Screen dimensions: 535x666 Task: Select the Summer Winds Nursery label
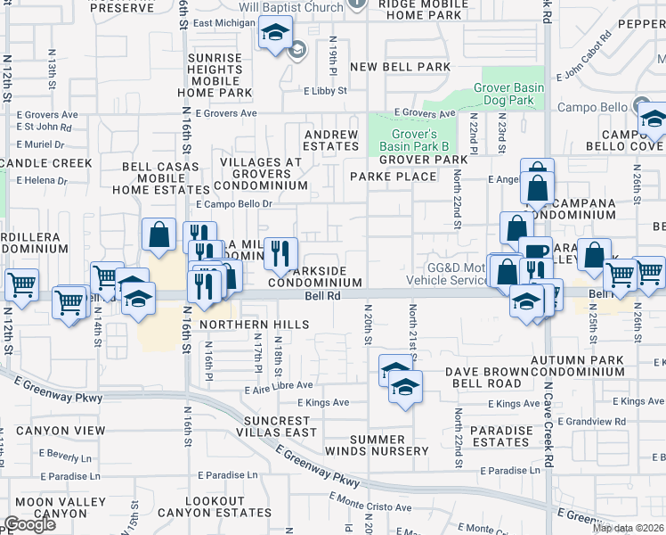pyautogui.click(x=389, y=445)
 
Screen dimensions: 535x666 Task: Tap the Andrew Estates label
pyautogui.click(x=330, y=141)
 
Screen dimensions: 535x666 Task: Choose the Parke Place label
pyautogui.click(x=394, y=177)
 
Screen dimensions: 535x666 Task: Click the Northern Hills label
pyautogui.click(x=255, y=325)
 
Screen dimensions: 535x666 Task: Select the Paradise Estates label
pyautogui.click(x=500, y=437)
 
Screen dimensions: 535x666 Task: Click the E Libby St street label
pyautogui.click(x=325, y=91)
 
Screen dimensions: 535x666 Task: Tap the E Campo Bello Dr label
pyautogui.click(x=233, y=204)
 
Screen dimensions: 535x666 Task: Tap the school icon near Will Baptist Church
pyautogui.click(x=276, y=35)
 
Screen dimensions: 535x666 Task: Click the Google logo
pyautogui.click(x=29, y=524)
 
